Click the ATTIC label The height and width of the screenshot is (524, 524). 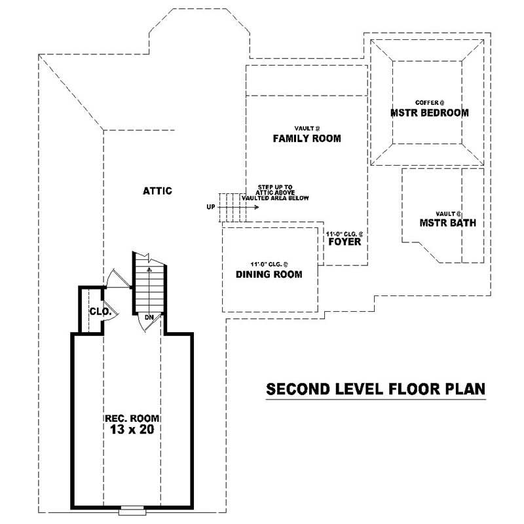click(157, 191)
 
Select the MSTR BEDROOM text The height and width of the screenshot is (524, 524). click(429, 113)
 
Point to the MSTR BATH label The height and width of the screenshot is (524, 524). click(448, 223)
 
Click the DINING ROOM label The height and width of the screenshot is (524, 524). click(269, 274)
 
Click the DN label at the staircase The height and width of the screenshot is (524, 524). click(149, 318)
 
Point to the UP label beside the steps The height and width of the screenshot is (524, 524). click(211, 207)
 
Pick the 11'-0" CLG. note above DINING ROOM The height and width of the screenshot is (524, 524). click(269, 264)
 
